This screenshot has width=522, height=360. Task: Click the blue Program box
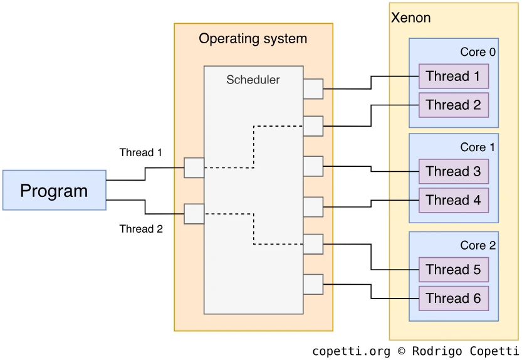(x=54, y=190)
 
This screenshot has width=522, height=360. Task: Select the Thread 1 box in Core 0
(x=453, y=77)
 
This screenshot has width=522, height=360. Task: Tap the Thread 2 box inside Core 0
(x=453, y=105)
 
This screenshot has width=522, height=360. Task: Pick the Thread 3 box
(x=453, y=172)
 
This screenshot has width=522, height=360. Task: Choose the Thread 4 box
(x=453, y=201)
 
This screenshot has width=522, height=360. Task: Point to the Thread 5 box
(x=453, y=270)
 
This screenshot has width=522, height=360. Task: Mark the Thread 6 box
(x=453, y=299)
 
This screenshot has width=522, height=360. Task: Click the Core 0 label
(x=478, y=52)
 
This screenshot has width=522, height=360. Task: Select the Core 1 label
(x=478, y=147)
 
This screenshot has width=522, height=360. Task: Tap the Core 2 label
(x=478, y=245)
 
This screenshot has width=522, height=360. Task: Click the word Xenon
(x=410, y=18)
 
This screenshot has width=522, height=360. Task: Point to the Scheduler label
(x=253, y=80)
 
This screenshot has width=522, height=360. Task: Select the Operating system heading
(x=253, y=39)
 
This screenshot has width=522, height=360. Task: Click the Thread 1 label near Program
(x=141, y=152)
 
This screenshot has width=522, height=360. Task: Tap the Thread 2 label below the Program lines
(x=141, y=229)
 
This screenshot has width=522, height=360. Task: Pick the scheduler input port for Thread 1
(x=194, y=168)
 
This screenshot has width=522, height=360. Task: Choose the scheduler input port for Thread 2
(x=194, y=214)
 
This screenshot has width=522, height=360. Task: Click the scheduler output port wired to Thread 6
(x=313, y=284)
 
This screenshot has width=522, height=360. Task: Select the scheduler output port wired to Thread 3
(x=313, y=166)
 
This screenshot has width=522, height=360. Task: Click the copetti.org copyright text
(x=415, y=351)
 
